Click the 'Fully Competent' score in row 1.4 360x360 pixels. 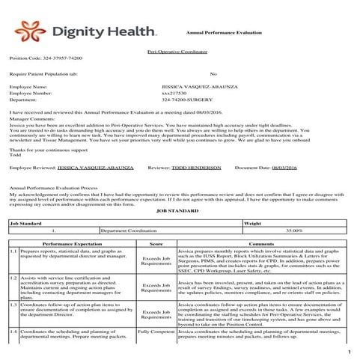tap(156, 330)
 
